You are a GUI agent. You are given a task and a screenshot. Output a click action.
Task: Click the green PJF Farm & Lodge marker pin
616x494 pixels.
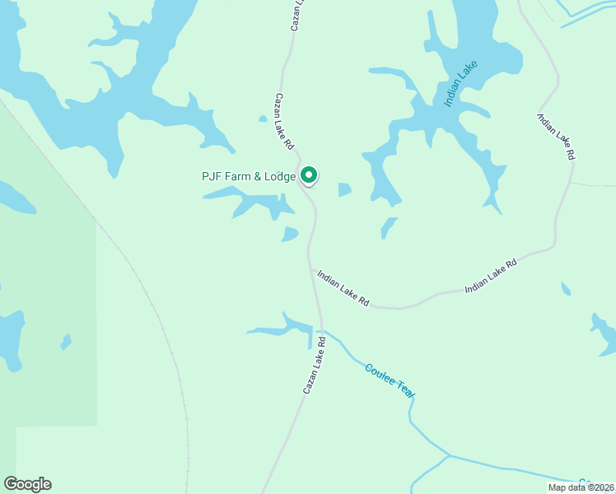309,175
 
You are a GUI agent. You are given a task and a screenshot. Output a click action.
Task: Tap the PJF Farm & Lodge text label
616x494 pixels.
248,175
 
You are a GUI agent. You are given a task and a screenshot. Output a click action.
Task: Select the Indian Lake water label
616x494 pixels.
460,83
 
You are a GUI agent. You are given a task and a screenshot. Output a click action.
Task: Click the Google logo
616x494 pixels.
27,484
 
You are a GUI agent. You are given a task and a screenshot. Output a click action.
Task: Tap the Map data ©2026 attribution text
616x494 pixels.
580,487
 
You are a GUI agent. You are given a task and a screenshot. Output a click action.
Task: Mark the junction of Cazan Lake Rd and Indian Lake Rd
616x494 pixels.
311,266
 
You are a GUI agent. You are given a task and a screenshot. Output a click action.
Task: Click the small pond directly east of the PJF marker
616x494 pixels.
344,190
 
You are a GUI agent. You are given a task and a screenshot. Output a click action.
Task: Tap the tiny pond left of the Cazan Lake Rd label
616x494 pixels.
263,119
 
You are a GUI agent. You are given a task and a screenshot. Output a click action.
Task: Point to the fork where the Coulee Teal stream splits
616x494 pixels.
449,454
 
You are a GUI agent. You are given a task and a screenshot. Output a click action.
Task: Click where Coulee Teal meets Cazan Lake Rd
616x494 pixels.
320,331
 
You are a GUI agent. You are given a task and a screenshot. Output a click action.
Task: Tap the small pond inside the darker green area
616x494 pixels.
65,342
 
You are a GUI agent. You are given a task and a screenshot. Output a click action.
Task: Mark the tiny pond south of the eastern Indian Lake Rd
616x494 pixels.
566,289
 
